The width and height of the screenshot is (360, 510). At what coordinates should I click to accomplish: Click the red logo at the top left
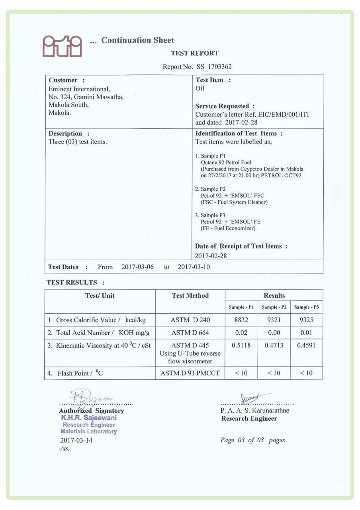[x=62, y=47]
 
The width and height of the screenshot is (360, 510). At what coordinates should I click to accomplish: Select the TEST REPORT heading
[x=195, y=53]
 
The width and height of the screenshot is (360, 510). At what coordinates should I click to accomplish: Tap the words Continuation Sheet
[x=137, y=40]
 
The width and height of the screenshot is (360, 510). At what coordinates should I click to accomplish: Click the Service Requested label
[x=225, y=106]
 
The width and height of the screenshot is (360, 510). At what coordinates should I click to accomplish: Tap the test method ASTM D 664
[x=190, y=332]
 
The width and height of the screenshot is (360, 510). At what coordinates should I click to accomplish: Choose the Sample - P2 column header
[x=274, y=307]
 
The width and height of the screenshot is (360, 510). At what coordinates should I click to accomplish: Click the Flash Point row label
[x=80, y=373]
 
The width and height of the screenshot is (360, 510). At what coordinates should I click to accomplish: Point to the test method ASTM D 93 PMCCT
[x=190, y=373]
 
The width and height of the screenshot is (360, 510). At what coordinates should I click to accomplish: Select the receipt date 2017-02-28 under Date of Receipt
[x=211, y=256]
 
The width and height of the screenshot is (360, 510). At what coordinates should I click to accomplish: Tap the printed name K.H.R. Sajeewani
[x=88, y=418]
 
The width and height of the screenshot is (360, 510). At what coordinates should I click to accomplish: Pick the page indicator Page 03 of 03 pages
[x=252, y=440]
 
